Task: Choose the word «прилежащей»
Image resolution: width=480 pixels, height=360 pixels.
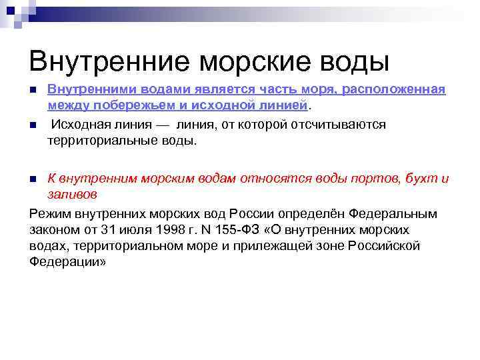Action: tap(270, 246)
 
